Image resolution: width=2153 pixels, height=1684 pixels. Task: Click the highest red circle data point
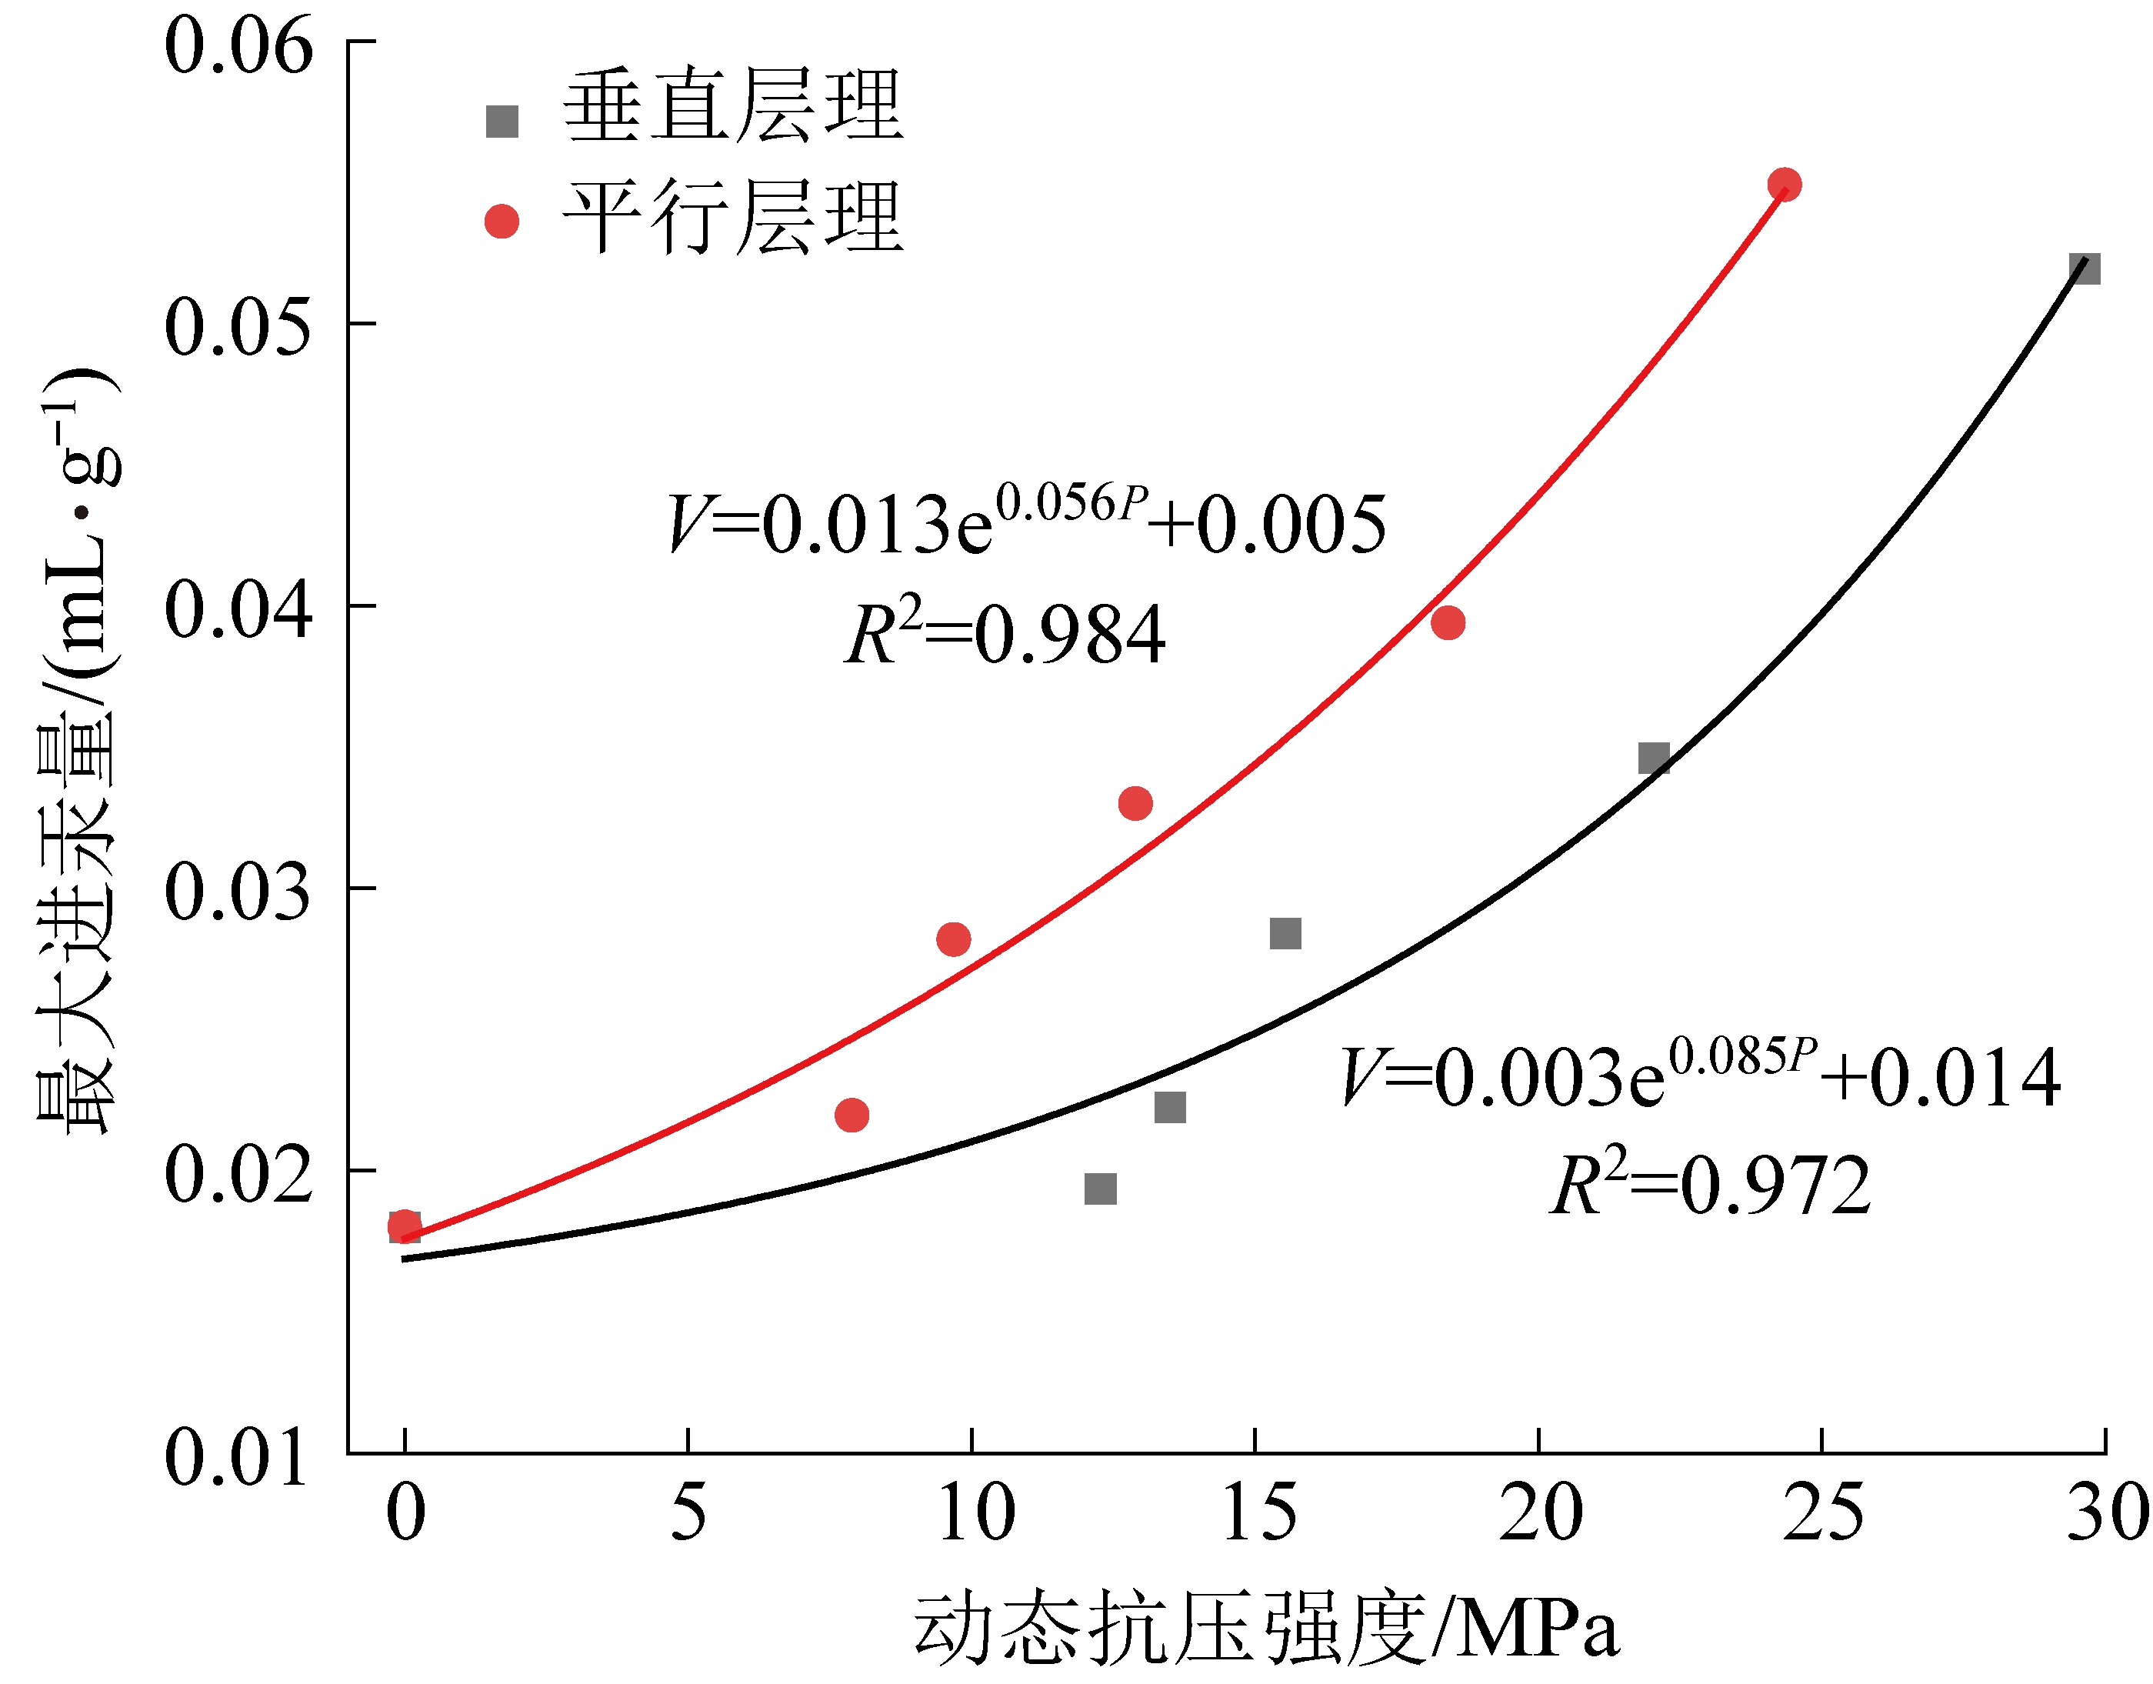(x=1785, y=185)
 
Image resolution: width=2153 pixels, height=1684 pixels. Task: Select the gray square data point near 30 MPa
(x=2084, y=268)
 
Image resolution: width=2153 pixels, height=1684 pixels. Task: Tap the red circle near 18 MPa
(x=1447, y=622)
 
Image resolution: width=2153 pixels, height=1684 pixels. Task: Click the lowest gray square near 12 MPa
(x=1100, y=1188)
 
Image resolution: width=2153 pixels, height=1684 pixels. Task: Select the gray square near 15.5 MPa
(x=1285, y=932)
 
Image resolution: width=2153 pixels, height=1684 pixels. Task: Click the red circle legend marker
(x=502, y=222)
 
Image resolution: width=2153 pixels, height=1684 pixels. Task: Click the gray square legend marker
(x=502, y=122)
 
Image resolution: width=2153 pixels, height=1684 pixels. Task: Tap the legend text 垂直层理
(x=732, y=106)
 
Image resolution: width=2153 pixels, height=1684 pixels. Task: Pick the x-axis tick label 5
(x=688, y=1513)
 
